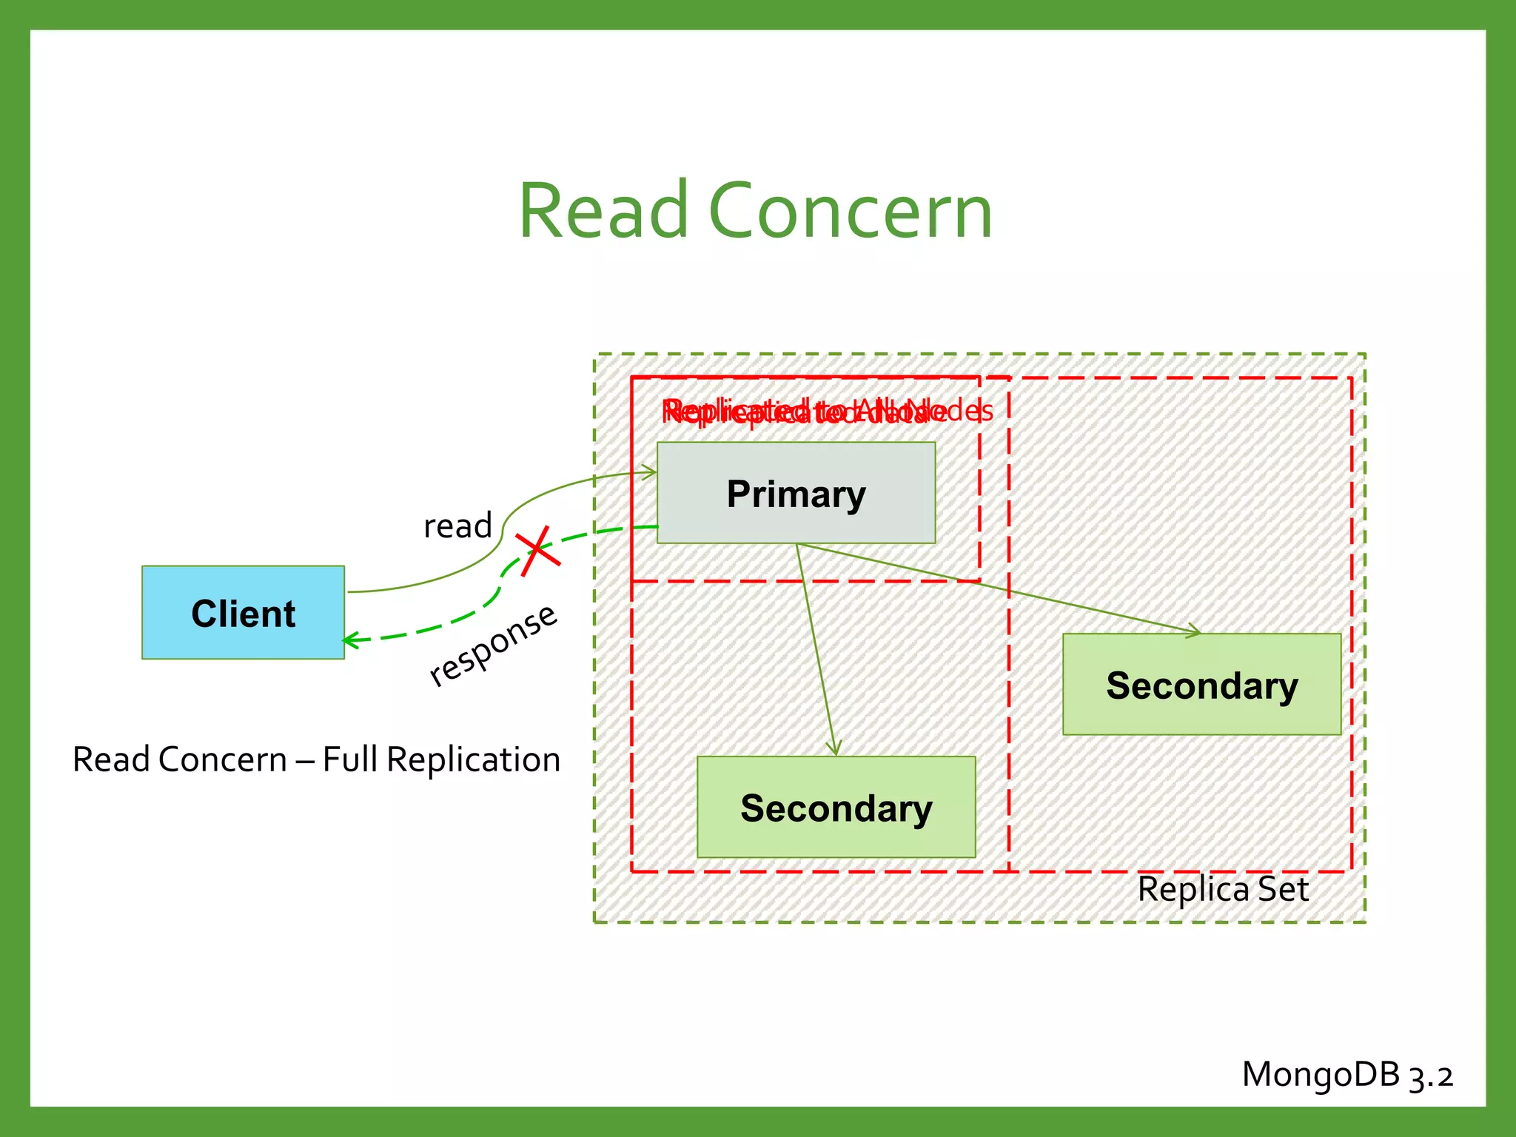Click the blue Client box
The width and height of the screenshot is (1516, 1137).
pos(243,612)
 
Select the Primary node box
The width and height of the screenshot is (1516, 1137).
pos(796,493)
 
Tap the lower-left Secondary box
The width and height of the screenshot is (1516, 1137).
pos(836,807)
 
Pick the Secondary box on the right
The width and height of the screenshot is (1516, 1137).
pos(1201,684)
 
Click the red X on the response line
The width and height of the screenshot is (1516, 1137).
pos(539,551)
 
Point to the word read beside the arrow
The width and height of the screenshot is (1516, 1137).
pos(457,526)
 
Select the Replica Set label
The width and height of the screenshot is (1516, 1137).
pos(1223,889)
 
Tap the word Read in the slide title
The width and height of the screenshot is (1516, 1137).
pos(604,212)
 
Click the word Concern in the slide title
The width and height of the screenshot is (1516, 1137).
pos(850,212)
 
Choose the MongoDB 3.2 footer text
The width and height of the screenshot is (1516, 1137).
pos(1347,1074)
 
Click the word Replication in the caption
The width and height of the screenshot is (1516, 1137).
pos(474,760)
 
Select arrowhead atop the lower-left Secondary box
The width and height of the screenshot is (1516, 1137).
pos(835,750)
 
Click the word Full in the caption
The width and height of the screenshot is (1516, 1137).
pos(350,760)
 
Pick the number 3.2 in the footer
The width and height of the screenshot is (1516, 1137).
pos(1430,1076)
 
